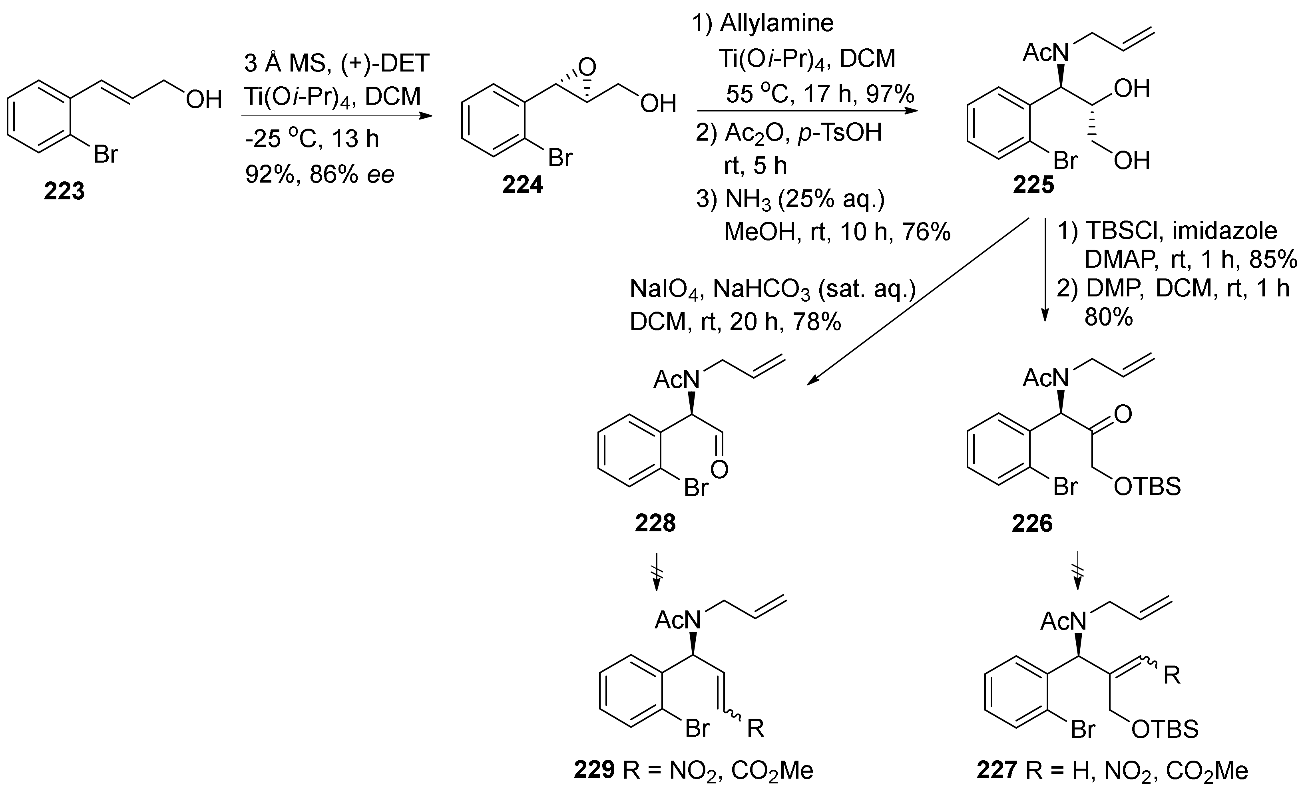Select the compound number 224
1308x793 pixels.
(522, 185)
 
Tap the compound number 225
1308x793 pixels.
(1033, 185)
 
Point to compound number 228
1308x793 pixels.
(655, 523)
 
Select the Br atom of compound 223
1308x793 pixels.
(106, 155)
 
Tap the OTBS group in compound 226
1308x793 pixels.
(1147, 486)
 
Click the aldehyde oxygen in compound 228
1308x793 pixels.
(719, 469)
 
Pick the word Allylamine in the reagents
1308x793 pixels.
(776, 23)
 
